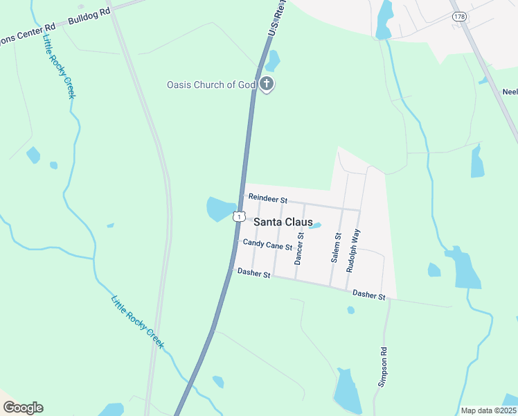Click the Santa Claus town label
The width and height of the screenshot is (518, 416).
tap(283, 222)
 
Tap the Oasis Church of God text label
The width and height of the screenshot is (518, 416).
tap(211, 85)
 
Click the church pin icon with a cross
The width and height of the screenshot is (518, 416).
tap(267, 85)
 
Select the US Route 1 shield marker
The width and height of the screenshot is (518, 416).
tap(238, 216)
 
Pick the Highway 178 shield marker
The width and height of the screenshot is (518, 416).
tap(458, 15)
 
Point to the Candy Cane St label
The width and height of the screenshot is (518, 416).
tap(267, 243)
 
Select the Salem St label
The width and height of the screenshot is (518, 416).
tap(337, 247)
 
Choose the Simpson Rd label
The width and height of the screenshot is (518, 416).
tap(382, 367)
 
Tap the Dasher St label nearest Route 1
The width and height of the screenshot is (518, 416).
tap(253, 273)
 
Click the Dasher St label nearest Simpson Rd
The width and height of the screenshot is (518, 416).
tap(368, 295)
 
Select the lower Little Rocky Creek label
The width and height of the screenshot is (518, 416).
tap(138, 322)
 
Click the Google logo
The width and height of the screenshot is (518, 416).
tap(23, 408)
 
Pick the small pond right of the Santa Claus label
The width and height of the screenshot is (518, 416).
tap(315, 225)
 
